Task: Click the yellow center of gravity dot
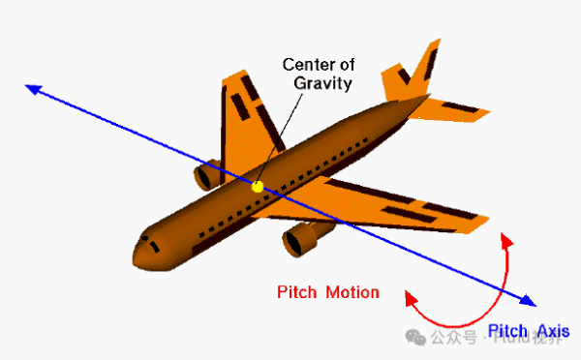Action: click(258, 185)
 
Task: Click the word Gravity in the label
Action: click(322, 83)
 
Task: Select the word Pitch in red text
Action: click(296, 292)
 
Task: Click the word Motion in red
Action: click(352, 292)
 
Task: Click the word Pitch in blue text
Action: click(508, 330)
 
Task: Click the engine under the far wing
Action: click(206, 175)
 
